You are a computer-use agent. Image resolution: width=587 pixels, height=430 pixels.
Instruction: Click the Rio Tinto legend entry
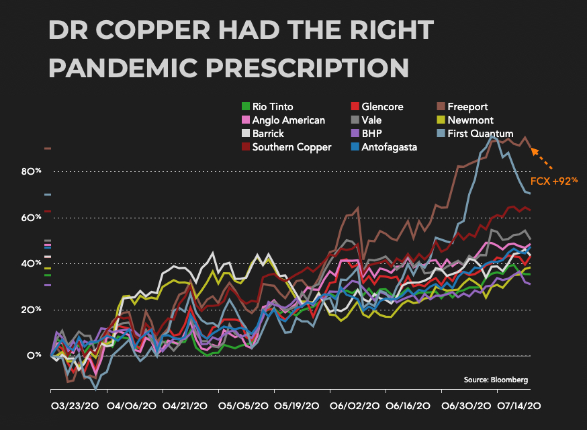point(273,107)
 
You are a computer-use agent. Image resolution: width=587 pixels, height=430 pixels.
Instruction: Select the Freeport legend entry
point(467,107)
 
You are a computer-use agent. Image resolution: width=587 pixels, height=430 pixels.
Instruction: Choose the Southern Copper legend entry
point(291,147)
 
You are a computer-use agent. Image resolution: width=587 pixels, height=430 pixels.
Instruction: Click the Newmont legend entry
point(469,120)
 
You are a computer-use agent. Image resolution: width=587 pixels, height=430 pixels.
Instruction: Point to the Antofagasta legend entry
point(389,147)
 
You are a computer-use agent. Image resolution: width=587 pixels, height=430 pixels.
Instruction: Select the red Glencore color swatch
point(355,107)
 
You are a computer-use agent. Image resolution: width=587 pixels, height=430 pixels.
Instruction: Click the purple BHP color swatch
point(355,134)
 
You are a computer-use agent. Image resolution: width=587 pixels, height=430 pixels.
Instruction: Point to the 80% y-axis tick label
point(31,171)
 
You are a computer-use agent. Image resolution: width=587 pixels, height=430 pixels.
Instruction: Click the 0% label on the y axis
point(34,355)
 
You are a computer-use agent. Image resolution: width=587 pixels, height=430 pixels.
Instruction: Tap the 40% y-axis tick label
point(31,263)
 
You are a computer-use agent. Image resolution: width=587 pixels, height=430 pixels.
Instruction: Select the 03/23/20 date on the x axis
point(76,407)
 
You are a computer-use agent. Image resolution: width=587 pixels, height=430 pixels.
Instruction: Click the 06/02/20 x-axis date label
point(354,407)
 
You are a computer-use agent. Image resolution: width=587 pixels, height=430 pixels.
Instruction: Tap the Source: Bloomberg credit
point(496,380)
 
